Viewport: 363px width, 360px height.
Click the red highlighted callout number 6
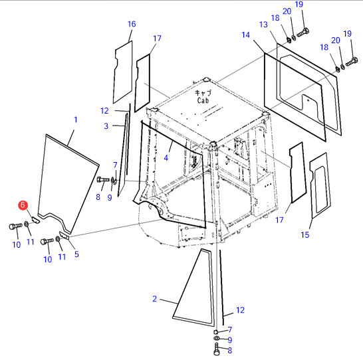pyautogui.click(x=23, y=205)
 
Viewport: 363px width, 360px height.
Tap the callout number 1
pyautogui.click(x=76, y=120)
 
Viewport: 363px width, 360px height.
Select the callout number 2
pyautogui.click(x=155, y=299)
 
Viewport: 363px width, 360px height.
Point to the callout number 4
pyautogui.click(x=166, y=158)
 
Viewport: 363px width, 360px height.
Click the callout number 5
pyautogui.click(x=76, y=254)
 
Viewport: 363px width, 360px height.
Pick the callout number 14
pyautogui.click(x=246, y=35)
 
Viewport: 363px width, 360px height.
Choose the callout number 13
pyautogui.click(x=263, y=25)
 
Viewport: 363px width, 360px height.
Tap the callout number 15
pyautogui.click(x=305, y=234)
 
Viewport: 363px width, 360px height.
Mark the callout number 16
pyautogui.click(x=132, y=24)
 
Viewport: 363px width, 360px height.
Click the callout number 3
pyautogui.click(x=106, y=126)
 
